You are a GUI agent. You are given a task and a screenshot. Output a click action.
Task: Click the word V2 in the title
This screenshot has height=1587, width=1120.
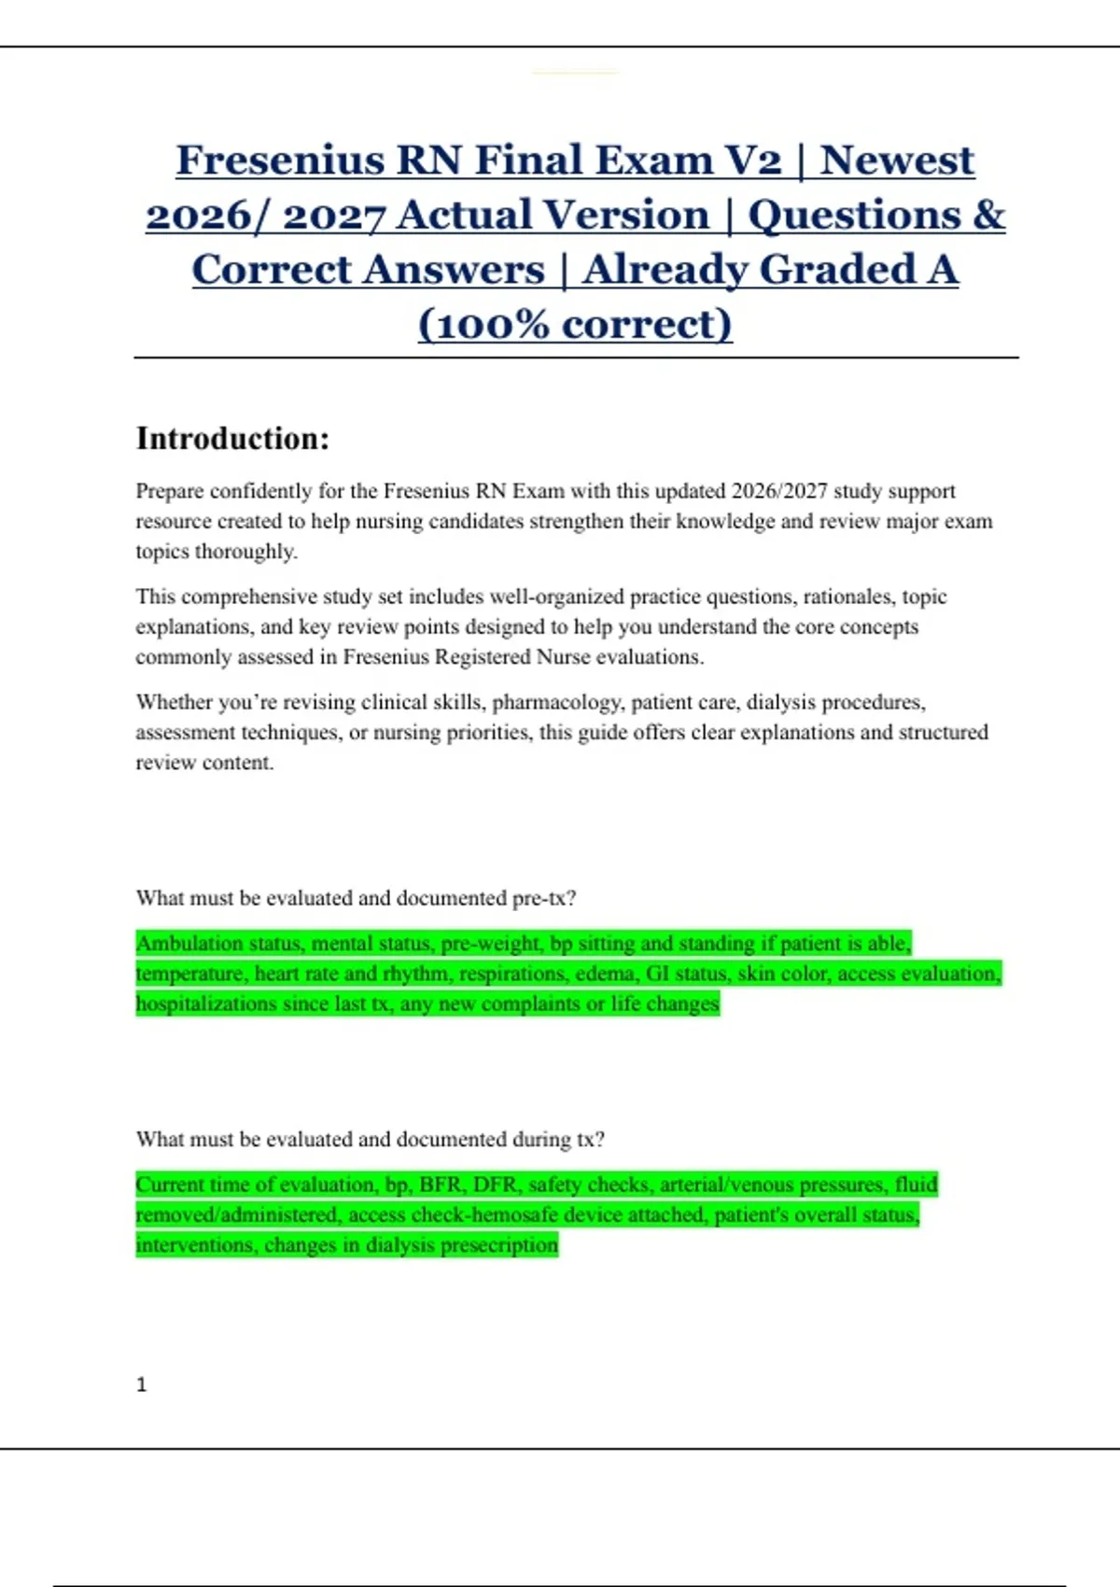[752, 161]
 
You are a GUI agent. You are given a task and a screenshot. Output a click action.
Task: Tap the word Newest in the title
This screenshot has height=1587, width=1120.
[897, 161]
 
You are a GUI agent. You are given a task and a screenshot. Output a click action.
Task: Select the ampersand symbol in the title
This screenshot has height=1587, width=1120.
[989, 215]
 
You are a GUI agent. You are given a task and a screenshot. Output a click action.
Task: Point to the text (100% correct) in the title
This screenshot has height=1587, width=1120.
[575, 325]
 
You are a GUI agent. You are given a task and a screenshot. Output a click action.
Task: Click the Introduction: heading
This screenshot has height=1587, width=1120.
[232, 439]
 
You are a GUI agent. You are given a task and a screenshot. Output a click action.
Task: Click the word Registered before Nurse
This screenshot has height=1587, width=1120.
[483, 657]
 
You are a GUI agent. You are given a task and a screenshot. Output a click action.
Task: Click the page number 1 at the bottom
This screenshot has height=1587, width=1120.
[142, 1384]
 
